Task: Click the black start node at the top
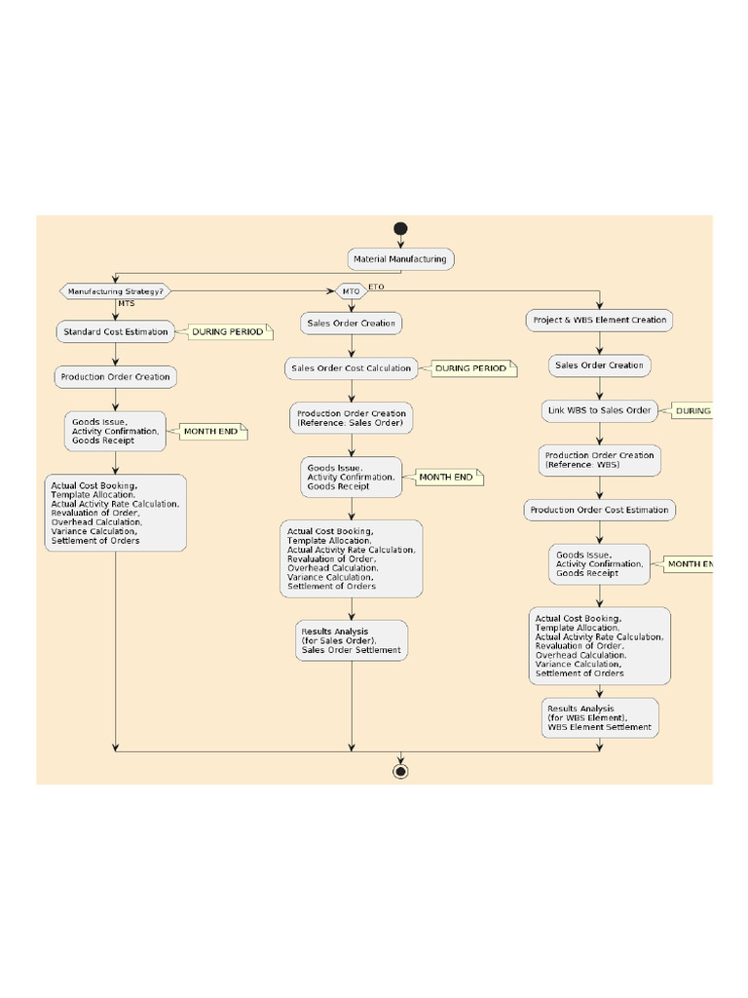pyautogui.click(x=400, y=229)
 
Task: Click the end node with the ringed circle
pyautogui.click(x=400, y=771)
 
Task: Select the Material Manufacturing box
pyautogui.click(x=400, y=259)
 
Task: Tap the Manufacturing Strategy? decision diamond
pyautogui.click(x=115, y=290)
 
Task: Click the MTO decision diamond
pyautogui.click(x=350, y=290)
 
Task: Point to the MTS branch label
pyautogui.click(x=127, y=303)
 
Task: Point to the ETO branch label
pyautogui.click(x=377, y=287)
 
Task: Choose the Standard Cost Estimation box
pyautogui.click(x=115, y=331)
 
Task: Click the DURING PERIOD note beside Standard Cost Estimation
pyautogui.click(x=228, y=332)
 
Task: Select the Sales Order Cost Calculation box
pyautogui.click(x=352, y=368)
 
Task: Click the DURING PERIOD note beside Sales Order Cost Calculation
pyautogui.click(x=470, y=368)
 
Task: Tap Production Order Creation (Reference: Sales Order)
pyautogui.click(x=352, y=418)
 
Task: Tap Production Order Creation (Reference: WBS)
pyautogui.click(x=600, y=460)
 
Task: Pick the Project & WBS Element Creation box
pyautogui.click(x=600, y=320)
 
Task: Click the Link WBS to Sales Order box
pyautogui.click(x=600, y=410)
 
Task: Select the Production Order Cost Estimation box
pyautogui.click(x=600, y=510)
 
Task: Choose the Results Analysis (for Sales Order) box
pyautogui.click(x=352, y=640)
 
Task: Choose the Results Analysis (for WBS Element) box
pyautogui.click(x=600, y=717)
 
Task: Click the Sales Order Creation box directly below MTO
pyautogui.click(x=352, y=323)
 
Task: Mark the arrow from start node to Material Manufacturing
pyautogui.click(x=400, y=242)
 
